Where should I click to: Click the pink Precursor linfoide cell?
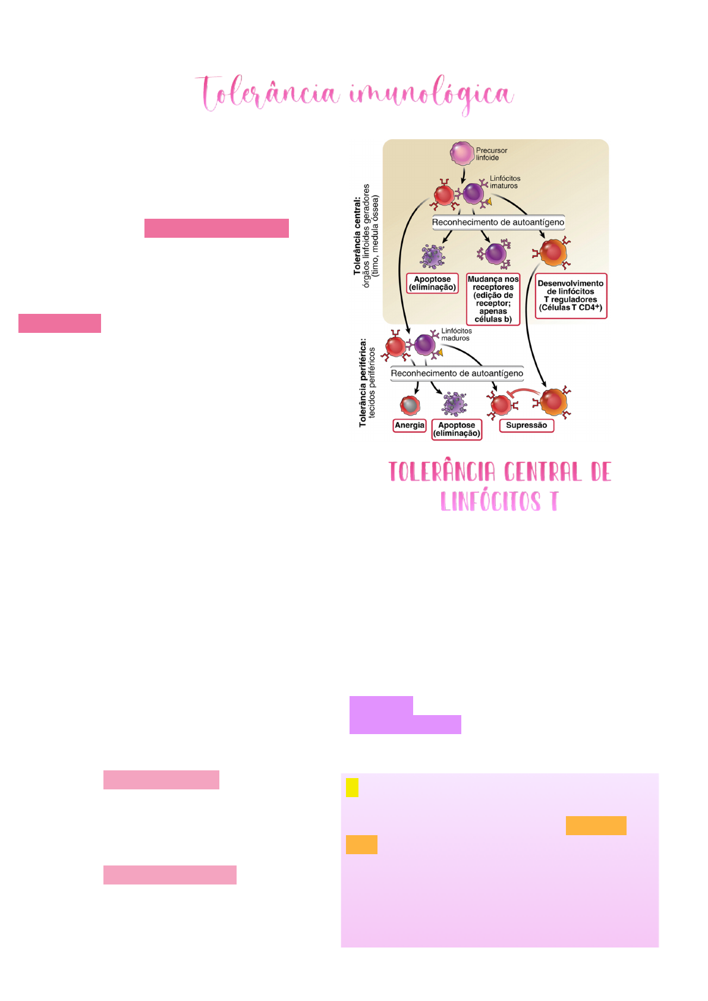coord(461,153)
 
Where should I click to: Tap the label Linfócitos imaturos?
coord(505,182)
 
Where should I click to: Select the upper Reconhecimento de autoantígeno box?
coord(498,222)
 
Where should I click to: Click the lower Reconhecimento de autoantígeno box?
coord(457,373)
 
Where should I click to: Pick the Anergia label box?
coord(409,425)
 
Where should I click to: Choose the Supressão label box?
coord(526,425)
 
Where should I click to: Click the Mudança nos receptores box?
coord(493,299)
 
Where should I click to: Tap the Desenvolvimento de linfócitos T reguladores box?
coord(571,296)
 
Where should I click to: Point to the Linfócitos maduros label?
coord(457,334)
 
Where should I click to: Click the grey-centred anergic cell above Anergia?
coord(410,405)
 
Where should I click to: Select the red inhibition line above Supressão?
coord(523,392)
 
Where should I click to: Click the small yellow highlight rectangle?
coord(352,788)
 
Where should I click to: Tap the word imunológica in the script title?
coord(432,95)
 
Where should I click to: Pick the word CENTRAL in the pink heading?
coord(543,472)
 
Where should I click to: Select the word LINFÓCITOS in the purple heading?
coord(490,501)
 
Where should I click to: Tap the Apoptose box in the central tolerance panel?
coord(432,284)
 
